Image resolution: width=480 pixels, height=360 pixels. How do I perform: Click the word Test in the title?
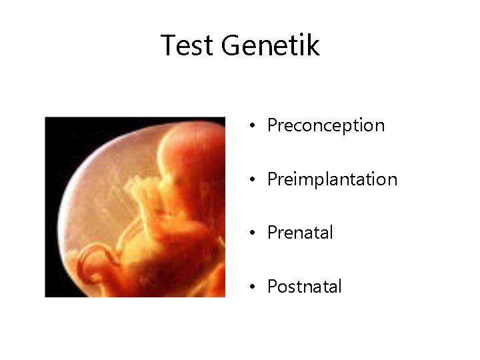tap(187, 45)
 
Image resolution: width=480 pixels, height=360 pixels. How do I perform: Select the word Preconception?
tap(325, 125)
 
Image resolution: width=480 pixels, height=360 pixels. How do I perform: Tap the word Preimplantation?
tap(332, 179)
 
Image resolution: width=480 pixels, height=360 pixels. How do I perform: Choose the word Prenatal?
tap(300, 233)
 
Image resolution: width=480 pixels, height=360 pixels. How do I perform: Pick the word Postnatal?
tap(304, 287)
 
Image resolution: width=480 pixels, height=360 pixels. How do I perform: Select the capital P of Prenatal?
tap(272, 233)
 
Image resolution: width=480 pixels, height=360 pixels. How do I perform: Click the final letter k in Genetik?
tap(313, 45)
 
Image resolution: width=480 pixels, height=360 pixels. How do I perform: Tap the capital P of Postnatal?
tap(272, 287)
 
